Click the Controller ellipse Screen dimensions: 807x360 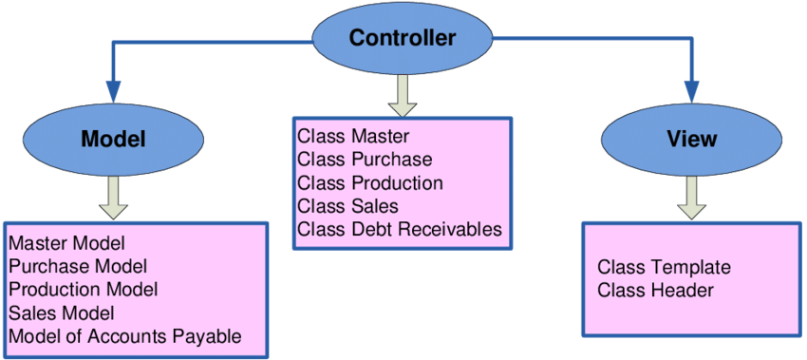403,39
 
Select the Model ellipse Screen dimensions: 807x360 113,139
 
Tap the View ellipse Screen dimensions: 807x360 692,139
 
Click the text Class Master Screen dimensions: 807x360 353,137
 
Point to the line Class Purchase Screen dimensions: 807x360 365,160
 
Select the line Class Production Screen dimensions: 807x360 370,182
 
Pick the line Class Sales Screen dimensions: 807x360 347,206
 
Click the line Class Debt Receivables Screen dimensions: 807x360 400,229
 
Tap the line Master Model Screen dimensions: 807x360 67,242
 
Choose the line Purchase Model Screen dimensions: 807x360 78,266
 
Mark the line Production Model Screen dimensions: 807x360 84,290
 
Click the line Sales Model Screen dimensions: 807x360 62,313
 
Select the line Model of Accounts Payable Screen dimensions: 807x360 125,336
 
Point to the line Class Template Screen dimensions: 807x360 664,268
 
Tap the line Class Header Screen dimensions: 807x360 656,291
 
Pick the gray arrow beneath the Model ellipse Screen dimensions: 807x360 113,199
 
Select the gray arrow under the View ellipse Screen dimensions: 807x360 691,199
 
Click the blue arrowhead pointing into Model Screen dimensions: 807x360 113,92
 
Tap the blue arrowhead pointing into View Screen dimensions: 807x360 692,92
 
